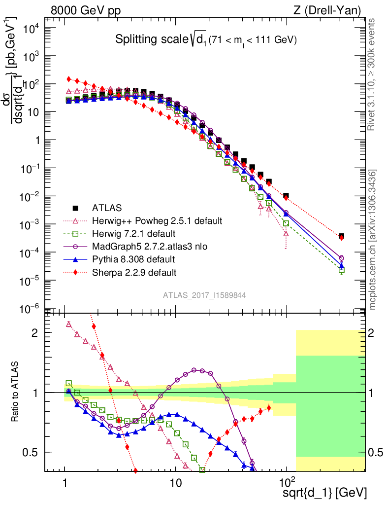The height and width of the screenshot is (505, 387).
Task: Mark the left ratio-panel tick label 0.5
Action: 32,452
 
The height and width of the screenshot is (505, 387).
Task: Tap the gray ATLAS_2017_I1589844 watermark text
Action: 205,295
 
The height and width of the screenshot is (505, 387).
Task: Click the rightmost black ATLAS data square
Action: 342,236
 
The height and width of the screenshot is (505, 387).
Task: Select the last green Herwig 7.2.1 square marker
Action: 342,270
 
